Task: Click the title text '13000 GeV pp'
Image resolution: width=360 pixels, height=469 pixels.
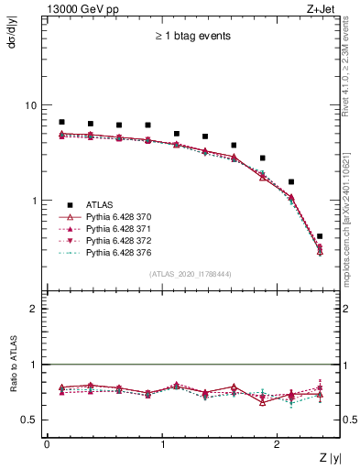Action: pos(76,9)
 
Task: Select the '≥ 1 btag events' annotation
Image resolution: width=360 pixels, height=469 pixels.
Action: pos(191,37)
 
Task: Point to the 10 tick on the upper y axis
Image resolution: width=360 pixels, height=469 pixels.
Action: pos(31,105)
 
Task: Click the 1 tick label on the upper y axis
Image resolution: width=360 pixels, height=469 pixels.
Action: pos(34,201)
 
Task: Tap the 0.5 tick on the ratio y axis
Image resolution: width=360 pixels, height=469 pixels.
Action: pos(29,420)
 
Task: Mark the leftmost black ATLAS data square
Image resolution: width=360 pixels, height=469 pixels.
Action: pos(61,122)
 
